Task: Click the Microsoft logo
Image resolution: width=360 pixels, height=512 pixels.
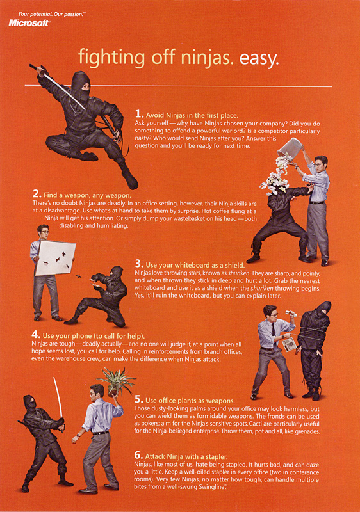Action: point(29,23)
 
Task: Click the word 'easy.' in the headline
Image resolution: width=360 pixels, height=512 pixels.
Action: point(259,58)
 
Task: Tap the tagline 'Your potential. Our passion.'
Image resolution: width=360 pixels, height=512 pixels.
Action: point(51,14)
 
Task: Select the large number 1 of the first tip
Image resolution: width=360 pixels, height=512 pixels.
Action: point(139,115)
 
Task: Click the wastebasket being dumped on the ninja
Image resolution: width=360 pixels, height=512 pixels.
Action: point(290,149)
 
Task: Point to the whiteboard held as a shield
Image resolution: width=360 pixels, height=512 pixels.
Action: point(55,257)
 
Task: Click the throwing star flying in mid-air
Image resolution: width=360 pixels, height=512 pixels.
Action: point(78,277)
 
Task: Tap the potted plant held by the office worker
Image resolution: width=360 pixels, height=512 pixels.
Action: point(116,381)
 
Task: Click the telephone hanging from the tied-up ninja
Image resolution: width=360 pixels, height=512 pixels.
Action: point(288,345)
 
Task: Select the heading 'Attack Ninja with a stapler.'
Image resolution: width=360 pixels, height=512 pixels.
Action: point(186,456)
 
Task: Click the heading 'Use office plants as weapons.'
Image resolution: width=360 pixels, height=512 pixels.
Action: point(190,401)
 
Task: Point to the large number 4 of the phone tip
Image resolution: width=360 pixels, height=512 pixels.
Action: point(36,334)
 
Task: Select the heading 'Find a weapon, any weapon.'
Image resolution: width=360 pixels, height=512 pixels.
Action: point(87,195)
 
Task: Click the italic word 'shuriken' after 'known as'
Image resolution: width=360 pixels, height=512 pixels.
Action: point(239,273)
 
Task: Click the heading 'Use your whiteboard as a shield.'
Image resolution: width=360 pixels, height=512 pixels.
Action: point(195,265)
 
